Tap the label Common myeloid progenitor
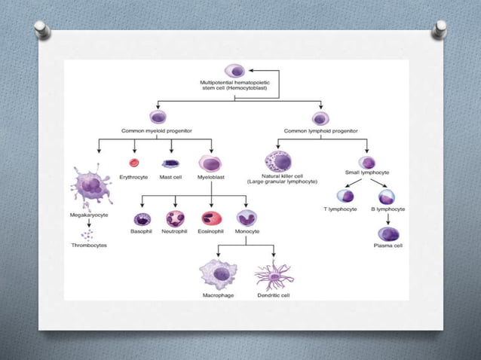tap(158, 130)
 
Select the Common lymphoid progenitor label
tap(320, 130)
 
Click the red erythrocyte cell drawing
tap(134, 162)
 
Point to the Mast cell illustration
tap(170, 163)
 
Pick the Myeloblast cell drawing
tap(211, 162)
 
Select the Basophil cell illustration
tap(142, 219)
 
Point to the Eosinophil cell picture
tap(212, 219)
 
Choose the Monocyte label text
tap(247, 231)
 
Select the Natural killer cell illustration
tap(277, 162)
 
